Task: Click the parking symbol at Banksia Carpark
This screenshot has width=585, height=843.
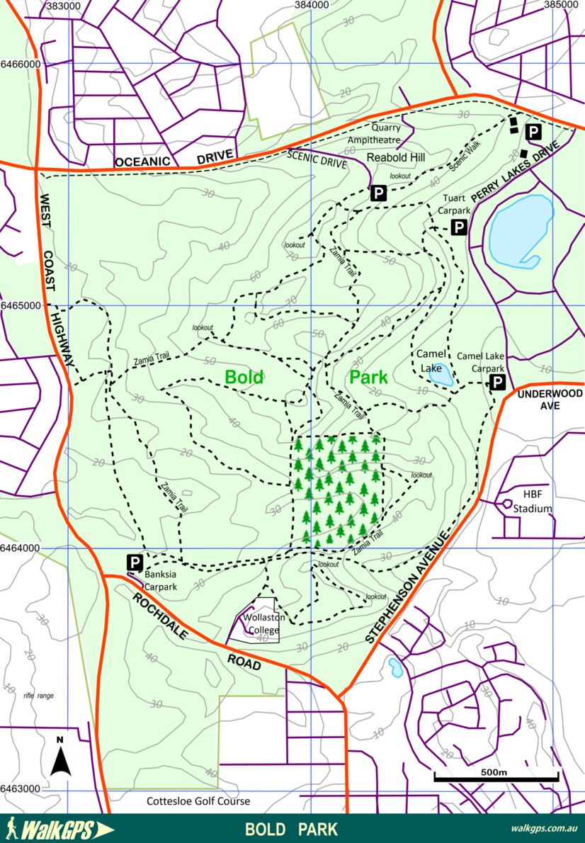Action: (135, 562)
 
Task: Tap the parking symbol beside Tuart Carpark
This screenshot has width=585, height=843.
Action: (459, 227)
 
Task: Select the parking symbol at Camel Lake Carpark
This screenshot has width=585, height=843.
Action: (498, 383)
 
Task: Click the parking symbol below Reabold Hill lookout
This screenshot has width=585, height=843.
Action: (379, 193)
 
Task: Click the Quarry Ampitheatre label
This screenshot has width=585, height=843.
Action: (373, 134)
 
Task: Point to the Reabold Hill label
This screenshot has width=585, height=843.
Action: (395, 157)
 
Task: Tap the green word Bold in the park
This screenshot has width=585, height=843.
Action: (244, 377)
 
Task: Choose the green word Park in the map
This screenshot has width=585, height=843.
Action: (368, 377)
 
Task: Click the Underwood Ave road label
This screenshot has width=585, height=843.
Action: (550, 400)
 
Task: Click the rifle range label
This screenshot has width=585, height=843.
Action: (38, 696)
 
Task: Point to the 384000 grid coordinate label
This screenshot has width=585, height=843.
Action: (312, 5)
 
